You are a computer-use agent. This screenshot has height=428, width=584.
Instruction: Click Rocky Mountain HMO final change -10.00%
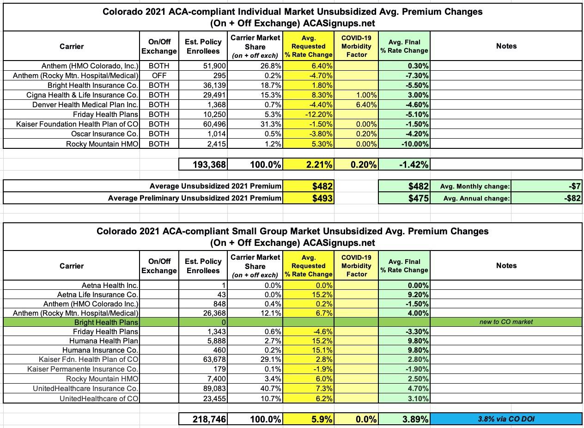pos(414,144)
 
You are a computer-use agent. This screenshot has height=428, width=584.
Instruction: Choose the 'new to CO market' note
pos(506,322)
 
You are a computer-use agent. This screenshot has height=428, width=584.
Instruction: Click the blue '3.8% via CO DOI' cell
pos(506,419)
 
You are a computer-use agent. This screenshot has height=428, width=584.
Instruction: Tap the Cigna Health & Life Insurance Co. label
pos(82,95)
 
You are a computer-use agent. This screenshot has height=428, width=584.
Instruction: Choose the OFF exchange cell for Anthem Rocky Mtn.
pos(159,76)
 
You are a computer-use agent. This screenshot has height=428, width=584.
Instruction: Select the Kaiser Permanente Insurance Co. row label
pos(83,369)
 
